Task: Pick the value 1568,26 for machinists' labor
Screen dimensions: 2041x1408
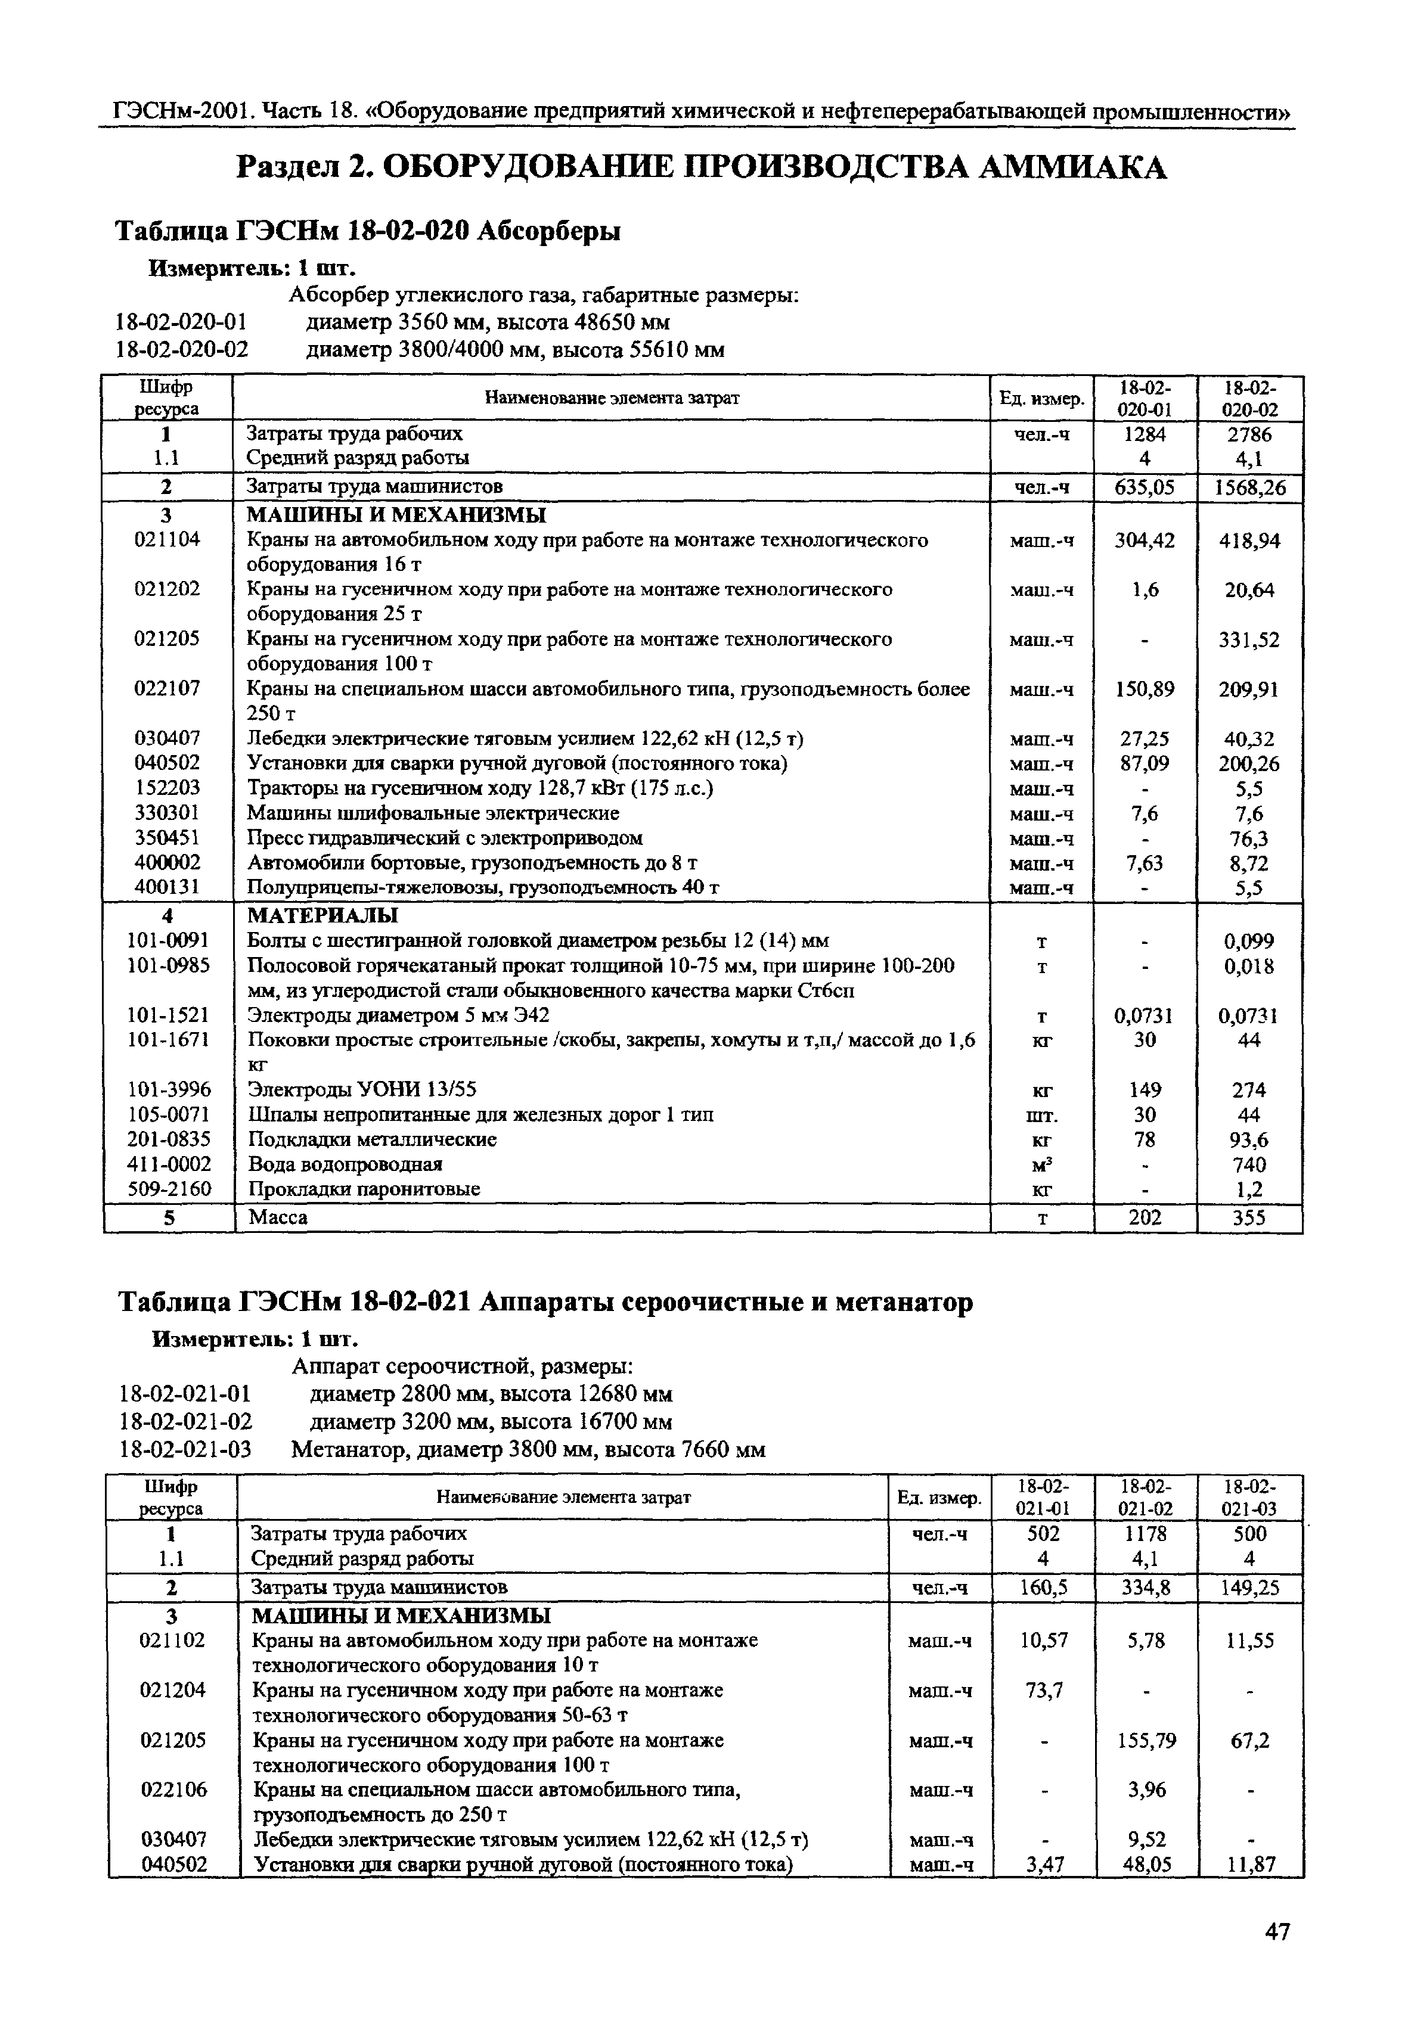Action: [1249, 488]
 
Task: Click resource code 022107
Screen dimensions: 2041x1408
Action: [167, 688]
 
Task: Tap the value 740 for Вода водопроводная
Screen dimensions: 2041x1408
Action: [1249, 1164]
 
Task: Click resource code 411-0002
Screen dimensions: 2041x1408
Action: [168, 1164]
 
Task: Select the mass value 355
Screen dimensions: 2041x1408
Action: [1249, 1218]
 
